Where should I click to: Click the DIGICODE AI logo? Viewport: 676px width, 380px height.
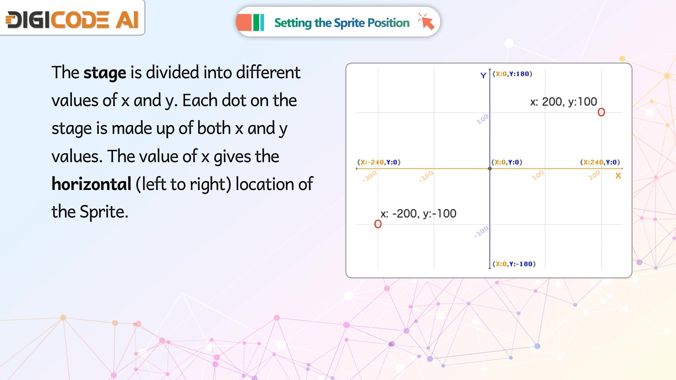[x=72, y=19]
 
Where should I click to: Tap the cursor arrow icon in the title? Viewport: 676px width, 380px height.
[x=426, y=22]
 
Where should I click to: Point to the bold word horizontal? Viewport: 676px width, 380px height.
[x=92, y=184]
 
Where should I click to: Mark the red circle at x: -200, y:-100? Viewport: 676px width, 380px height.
[x=378, y=224]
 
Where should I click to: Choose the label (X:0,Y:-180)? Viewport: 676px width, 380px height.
[x=514, y=264]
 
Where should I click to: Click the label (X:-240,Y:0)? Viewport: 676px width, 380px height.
[x=379, y=162]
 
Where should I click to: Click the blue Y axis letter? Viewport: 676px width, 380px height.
[x=483, y=75]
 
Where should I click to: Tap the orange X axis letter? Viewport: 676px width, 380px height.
[x=618, y=176]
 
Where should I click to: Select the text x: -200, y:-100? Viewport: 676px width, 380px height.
[x=418, y=214]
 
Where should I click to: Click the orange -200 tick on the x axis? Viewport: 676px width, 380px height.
[x=370, y=176]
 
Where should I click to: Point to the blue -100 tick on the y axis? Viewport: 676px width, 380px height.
[x=481, y=231]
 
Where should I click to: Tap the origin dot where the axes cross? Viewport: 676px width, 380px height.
[x=490, y=169]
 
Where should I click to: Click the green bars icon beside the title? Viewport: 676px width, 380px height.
[x=258, y=23]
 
